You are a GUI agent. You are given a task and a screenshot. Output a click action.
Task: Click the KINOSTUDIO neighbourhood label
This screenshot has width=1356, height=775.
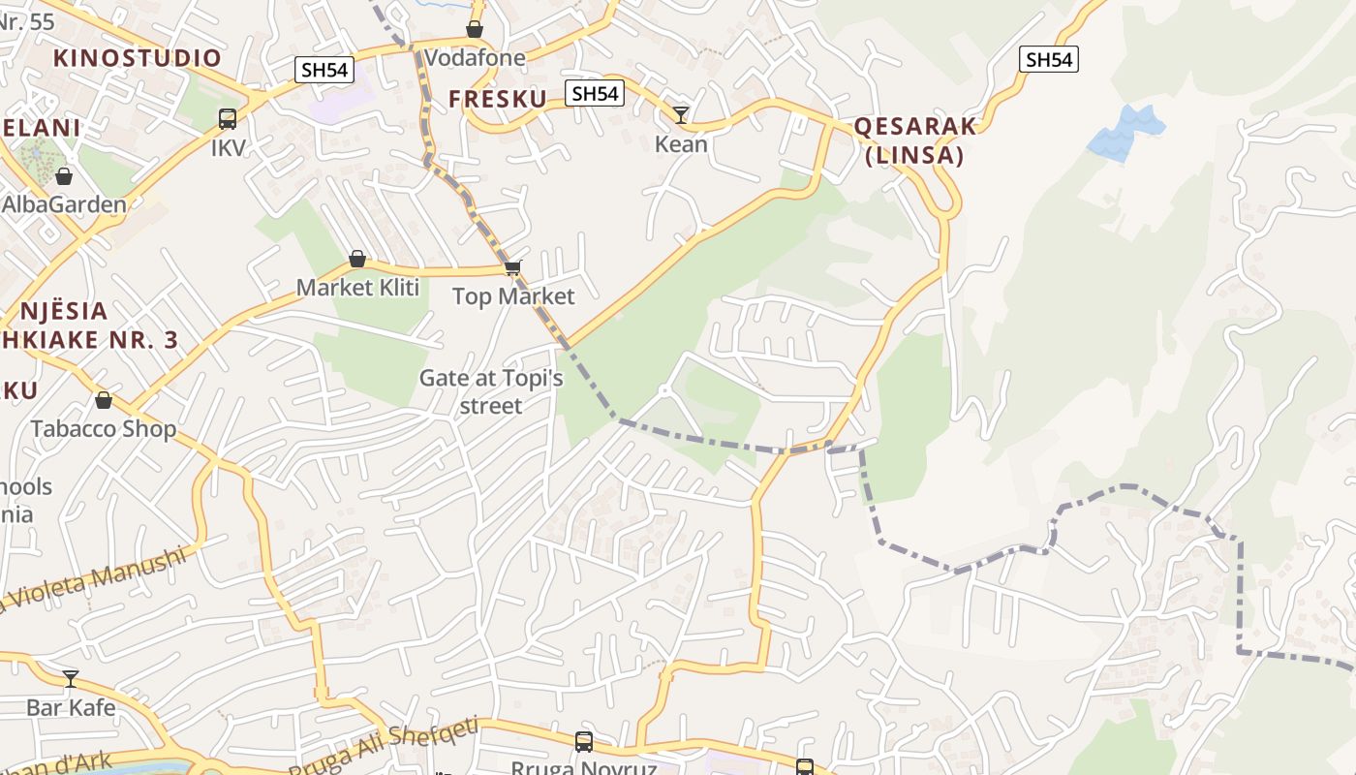click(x=138, y=57)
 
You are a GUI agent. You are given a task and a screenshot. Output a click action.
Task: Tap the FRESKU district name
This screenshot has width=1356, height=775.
click(x=498, y=98)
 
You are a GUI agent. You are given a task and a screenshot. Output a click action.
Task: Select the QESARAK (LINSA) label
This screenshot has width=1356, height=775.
click(x=914, y=140)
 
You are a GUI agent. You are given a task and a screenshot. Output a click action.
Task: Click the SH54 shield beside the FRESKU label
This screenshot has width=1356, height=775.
click(x=595, y=93)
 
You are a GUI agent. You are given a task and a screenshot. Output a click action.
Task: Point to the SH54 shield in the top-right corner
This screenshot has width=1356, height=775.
click(x=1049, y=59)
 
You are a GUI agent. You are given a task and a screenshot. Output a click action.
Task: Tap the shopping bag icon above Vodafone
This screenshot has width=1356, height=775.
click(x=475, y=29)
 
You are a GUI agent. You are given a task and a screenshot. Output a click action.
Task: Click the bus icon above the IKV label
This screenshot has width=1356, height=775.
click(x=228, y=119)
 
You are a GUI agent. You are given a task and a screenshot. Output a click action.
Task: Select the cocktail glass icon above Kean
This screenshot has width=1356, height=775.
click(x=681, y=115)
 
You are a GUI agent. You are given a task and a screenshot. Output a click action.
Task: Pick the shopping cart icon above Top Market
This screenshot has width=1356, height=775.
click(x=512, y=267)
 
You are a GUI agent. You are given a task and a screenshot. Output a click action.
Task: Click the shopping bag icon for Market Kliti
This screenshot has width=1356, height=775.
click(x=357, y=259)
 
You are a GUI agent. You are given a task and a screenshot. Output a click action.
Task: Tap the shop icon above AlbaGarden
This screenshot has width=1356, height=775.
click(x=64, y=176)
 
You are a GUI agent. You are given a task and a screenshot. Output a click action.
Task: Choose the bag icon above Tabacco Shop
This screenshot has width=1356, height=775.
click(x=104, y=400)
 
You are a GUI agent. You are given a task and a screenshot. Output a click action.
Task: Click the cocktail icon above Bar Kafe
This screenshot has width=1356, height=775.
click(x=71, y=678)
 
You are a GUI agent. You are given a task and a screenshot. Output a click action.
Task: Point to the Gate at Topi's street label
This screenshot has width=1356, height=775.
click(x=491, y=391)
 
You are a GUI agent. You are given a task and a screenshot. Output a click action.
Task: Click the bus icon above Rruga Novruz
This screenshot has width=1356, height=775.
click(x=584, y=742)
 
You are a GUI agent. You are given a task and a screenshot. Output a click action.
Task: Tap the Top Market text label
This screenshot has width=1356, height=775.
click(x=513, y=296)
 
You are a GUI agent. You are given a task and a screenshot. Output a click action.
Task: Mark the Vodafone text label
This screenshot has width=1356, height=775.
click(x=476, y=58)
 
